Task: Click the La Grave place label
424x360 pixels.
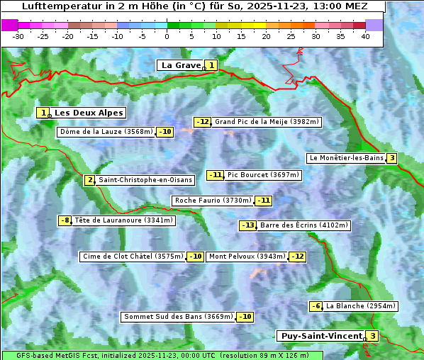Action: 181,65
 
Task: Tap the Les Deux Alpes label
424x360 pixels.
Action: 89,113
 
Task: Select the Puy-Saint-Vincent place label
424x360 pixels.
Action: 321,336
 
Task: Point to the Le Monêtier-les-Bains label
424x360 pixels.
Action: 346,158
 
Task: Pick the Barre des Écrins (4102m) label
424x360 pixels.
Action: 304,225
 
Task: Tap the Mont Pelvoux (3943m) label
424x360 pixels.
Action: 247,257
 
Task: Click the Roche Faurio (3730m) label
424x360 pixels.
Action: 213,201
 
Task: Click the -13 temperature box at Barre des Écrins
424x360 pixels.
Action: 247,225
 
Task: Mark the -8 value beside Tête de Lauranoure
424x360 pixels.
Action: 65,220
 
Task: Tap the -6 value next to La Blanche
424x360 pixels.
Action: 316,306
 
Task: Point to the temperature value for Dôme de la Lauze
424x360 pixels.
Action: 165,132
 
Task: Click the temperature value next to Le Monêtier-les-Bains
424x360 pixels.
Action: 391,158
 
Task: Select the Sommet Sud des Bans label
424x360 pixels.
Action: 178,317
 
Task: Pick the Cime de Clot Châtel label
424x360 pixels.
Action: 133,257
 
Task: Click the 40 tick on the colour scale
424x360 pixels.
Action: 364,36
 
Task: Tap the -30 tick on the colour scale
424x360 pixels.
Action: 18,36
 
